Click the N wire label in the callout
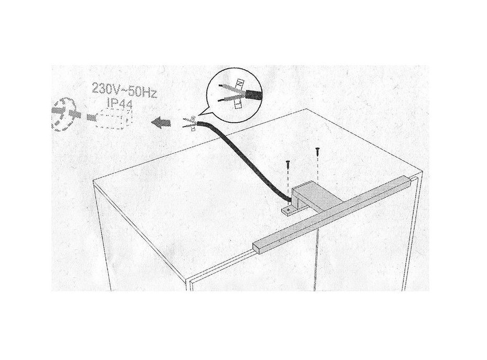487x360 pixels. (x=239, y=83)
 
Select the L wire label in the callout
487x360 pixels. (x=238, y=104)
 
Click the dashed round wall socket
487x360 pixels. (x=63, y=114)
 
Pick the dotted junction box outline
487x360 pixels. (x=114, y=119)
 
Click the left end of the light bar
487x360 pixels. (x=256, y=248)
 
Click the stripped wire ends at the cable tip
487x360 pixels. (x=189, y=123)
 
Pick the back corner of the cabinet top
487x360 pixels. (x=306, y=109)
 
